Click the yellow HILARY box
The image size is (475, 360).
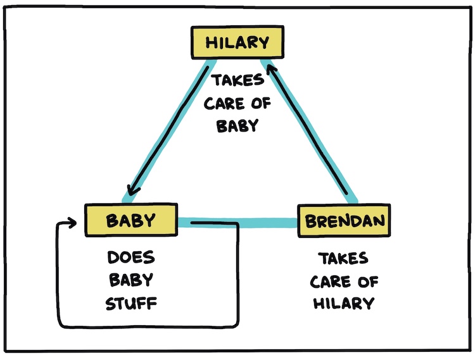237,42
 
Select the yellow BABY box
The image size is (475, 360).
131,220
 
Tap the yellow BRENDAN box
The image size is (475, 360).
344,221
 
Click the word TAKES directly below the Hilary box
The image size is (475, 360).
237,80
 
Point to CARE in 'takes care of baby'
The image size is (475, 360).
224,104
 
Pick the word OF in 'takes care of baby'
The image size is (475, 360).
261,104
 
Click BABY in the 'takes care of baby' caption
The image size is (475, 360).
237,125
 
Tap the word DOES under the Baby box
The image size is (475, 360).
131,258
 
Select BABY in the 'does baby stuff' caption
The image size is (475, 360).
131,280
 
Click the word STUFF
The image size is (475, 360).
131,303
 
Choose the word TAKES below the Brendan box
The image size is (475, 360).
343,259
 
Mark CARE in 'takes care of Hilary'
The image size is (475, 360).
331,282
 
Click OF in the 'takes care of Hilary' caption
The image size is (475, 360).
368,282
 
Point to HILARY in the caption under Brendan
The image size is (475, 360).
343,304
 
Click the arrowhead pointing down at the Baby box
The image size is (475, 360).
132,190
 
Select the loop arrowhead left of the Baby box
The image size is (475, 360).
72,223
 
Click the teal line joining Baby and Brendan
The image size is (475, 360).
237,222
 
